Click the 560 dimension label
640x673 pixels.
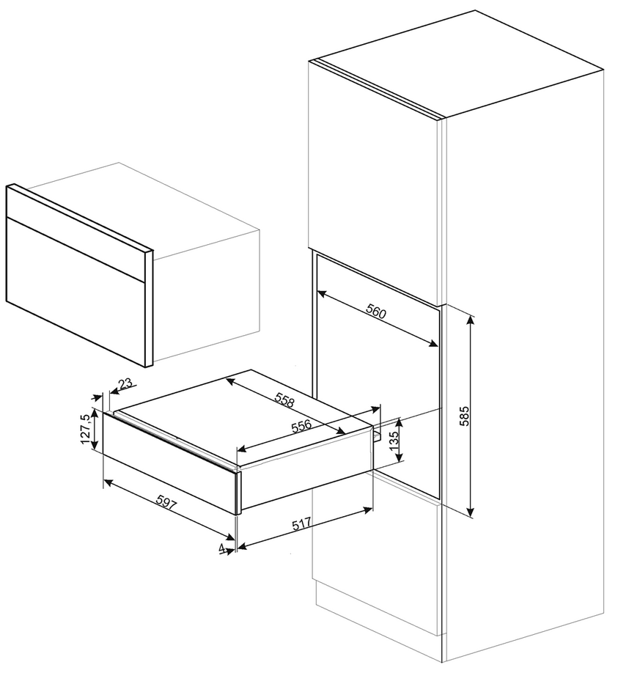tap(376, 311)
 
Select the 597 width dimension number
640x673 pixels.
tap(166, 502)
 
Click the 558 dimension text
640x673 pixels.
tap(284, 400)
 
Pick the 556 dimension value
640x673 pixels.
tap(301, 427)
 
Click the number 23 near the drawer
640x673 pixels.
tap(126, 383)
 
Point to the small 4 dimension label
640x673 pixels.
tap(221, 548)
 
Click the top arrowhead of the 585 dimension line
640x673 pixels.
tap(471, 320)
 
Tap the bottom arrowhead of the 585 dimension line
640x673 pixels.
tap(471, 512)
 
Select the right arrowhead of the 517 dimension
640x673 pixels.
tap(368, 510)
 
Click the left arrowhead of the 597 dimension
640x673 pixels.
tap(109, 483)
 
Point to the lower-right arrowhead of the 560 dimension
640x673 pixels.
tap(433, 343)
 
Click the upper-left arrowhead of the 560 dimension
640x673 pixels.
tap(322, 294)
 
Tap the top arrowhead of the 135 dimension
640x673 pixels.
tap(400, 422)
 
